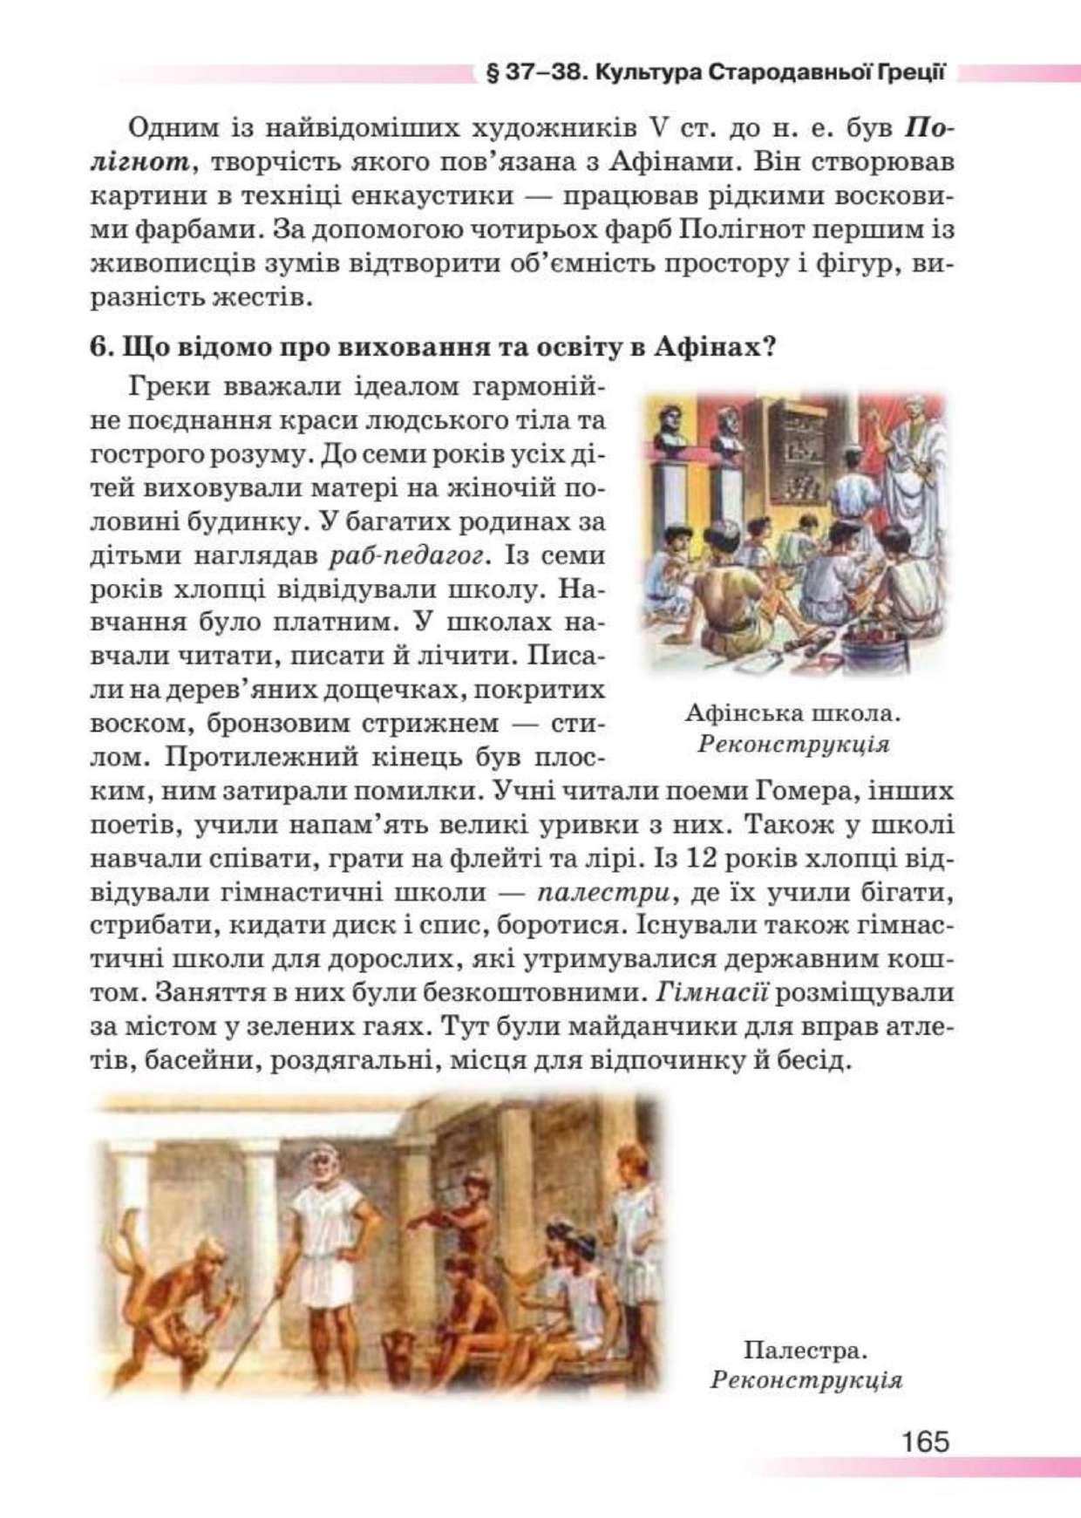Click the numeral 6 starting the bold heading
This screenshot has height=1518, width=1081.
(x=99, y=347)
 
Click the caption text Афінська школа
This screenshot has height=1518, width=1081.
(x=792, y=713)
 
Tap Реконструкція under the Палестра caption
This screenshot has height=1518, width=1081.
(x=806, y=1380)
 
